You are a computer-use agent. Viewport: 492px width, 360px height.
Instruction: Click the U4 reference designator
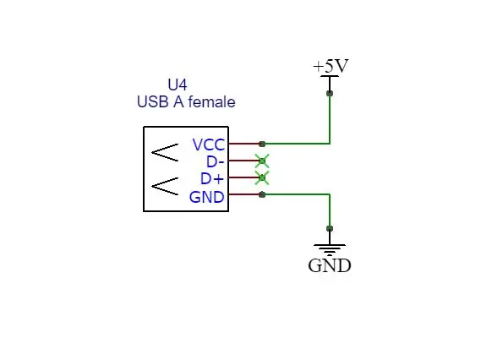pyautogui.click(x=178, y=85)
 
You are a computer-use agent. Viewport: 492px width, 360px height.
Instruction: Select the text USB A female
pyautogui.click(x=186, y=102)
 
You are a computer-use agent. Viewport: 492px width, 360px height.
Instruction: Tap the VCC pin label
pyautogui.click(x=209, y=145)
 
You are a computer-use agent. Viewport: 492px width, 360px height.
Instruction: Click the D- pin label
pyautogui.click(x=215, y=161)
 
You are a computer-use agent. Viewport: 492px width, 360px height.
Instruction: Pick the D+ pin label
pyautogui.click(x=212, y=179)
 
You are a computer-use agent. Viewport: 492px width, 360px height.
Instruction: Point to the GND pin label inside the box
pyautogui.click(x=206, y=197)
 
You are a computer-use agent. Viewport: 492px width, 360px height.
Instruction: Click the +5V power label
pyautogui.click(x=331, y=66)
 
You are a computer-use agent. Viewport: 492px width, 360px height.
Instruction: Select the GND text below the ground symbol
pyautogui.click(x=330, y=265)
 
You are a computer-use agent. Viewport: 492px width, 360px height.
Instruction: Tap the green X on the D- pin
pyautogui.click(x=262, y=161)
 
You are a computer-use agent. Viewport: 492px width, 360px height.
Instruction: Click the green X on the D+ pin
pyautogui.click(x=262, y=177)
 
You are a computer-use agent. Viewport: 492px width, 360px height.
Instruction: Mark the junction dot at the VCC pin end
pyautogui.click(x=262, y=144)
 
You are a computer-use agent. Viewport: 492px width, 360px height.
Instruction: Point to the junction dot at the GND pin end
pyautogui.click(x=262, y=194)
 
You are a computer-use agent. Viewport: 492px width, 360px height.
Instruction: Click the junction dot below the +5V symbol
pyautogui.click(x=330, y=93)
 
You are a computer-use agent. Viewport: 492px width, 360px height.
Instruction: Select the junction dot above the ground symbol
pyautogui.click(x=330, y=228)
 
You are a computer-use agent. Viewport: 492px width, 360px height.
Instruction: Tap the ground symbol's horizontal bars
pyautogui.click(x=330, y=249)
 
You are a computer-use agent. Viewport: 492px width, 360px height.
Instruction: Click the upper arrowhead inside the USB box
pyautogui.click(x=165, y=152)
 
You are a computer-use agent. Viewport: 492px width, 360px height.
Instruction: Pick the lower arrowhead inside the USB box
pyautogui.click(x=165, y=186)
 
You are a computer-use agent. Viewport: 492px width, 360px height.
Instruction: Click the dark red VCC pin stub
pyautogui.click(x=245, y=144)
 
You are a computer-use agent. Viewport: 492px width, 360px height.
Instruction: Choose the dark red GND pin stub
pyautogui.click(x=245, y=194)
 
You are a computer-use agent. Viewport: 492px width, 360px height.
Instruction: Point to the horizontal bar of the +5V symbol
pyautogui.click(x=330, y=76)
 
